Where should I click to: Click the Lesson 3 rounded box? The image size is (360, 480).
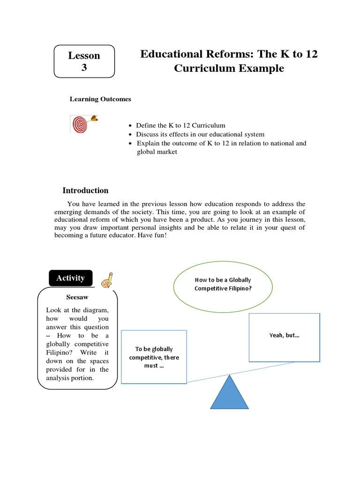(x=84, y=61)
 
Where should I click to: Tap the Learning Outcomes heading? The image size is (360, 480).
(x=100, y=99)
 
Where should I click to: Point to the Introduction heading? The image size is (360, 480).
(x=85, y=190)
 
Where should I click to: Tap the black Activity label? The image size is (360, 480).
(x=70, y=278)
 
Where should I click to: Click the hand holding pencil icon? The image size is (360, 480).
(x=108, y=280)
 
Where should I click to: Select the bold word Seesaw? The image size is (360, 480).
(x=77, y=297)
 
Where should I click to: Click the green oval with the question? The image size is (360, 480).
(x=223, y=284)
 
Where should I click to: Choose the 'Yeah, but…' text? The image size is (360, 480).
(x=285, y=336)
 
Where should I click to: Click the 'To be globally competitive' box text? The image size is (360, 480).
(x=154, y=357)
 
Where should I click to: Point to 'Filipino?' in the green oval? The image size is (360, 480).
(x=237, y=288)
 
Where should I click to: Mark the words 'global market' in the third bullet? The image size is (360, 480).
(x=153, y=152)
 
